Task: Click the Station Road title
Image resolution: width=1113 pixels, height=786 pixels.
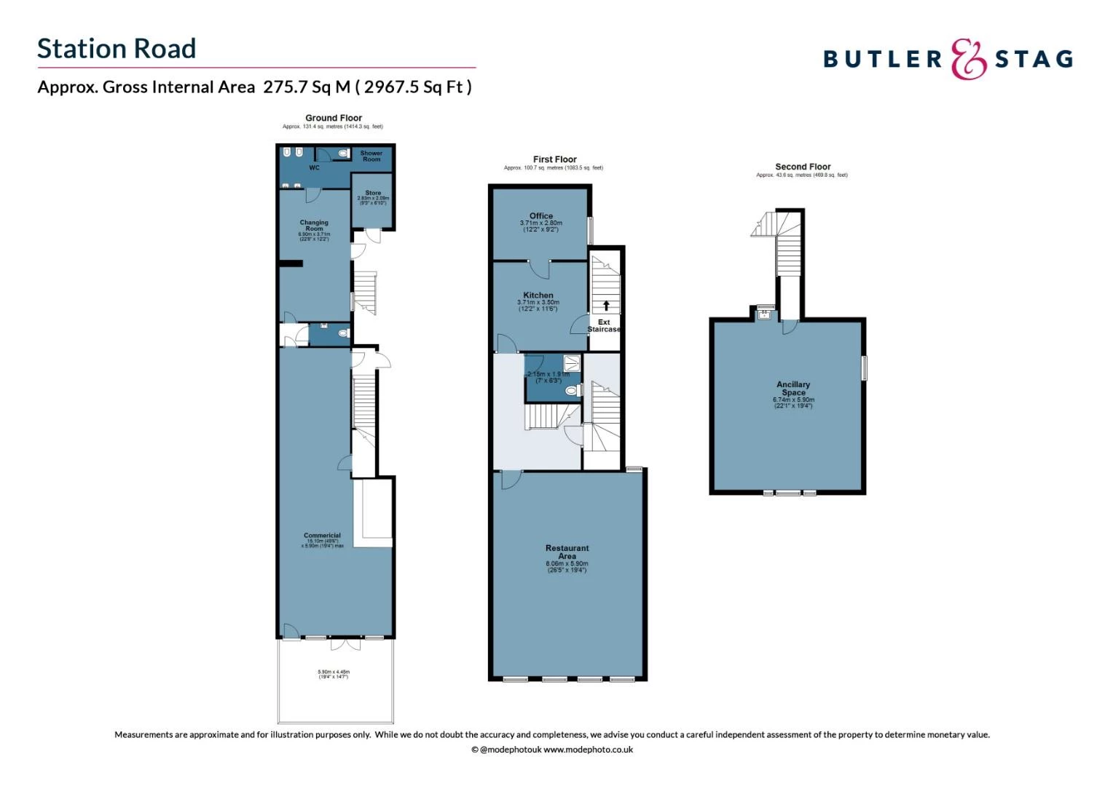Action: [117, 49]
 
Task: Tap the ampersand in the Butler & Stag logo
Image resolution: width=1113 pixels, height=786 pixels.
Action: [969, 59]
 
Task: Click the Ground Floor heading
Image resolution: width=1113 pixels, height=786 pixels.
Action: [334, 118]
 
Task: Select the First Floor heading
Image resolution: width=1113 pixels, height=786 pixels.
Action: [554, 159]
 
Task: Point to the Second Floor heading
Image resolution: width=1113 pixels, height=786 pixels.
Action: [803, 167]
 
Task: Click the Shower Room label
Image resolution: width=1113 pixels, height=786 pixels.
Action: [371, 156]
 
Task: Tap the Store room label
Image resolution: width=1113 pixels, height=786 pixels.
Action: [373, 193]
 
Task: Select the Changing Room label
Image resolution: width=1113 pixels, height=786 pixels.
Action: [314, 226]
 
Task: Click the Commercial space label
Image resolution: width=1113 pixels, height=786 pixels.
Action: [322, 536]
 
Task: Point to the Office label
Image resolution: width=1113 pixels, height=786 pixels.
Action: [541, 216]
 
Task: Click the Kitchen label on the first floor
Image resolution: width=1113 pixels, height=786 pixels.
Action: [538, 295]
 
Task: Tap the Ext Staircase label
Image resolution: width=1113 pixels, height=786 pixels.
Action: [604, 325]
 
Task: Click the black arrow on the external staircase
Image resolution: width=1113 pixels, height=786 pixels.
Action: [606, 306]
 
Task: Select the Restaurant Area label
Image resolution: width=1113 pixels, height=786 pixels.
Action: [567, 552]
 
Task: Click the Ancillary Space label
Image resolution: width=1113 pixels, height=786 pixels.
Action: [793, 389]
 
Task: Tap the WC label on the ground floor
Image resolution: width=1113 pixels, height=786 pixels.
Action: [314, 168]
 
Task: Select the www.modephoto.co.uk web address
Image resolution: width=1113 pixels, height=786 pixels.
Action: [588, 750]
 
